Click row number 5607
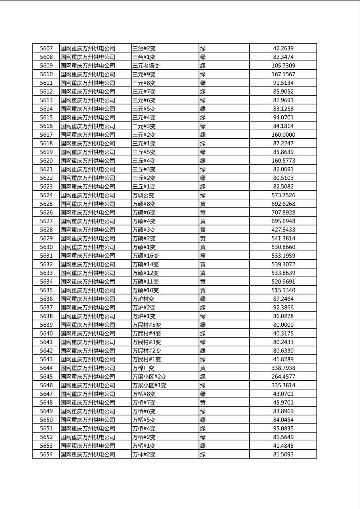(46, 48)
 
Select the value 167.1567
(283, 74)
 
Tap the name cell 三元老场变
(146, 66)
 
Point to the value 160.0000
(283, 135)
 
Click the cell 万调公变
(143, 195)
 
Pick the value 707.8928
(283, 213)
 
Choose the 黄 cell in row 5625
(203, 204)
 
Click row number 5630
(46, 247)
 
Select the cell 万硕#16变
(146, 256)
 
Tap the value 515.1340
(283, 290)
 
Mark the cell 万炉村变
(143, 299)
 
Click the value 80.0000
(283, 325)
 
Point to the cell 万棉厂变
(143, 368)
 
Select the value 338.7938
(283, 368)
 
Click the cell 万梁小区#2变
(149, 377)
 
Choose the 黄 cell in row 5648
(203, 403)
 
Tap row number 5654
(46, 454)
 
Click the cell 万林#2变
(144, 454)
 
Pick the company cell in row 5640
(88, 334)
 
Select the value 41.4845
(283, 446)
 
